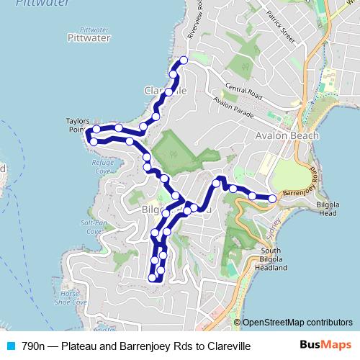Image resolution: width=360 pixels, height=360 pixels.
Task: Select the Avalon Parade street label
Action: click(x=230, y=109)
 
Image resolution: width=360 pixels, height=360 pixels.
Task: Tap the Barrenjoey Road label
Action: click(x=296, y=194)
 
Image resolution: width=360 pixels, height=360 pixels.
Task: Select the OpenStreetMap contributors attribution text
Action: click(x=297, y=323)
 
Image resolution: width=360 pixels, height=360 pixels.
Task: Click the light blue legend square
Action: click(x=9, y=346)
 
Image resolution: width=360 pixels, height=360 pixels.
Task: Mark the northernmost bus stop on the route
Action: click(x=183, y=60)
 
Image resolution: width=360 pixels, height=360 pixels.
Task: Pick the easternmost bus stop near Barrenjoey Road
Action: click(x=272, y=198)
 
